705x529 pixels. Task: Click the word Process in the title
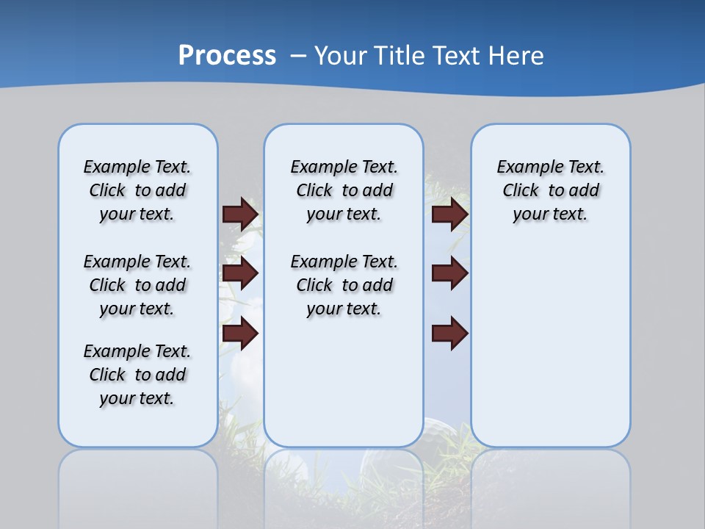tap(227, 56)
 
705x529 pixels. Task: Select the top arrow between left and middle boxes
tap(240, 214)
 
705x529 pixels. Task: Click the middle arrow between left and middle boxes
tap(240, 273)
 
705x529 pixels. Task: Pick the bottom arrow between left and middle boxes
tap(240, 334)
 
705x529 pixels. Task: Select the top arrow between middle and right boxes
tap(449, 214)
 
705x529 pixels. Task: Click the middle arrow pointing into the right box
tap(449, 273)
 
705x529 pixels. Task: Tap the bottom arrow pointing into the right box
tap(449, 334)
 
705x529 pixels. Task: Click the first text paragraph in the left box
tap(137, 190)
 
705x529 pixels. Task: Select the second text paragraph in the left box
tap(137, 285)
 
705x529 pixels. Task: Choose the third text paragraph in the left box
tap(137, 375)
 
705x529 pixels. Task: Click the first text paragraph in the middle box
tap(344, 190)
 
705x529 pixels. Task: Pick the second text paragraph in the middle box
tap(344, 285)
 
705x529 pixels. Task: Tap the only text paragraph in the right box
tap(550, 190)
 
